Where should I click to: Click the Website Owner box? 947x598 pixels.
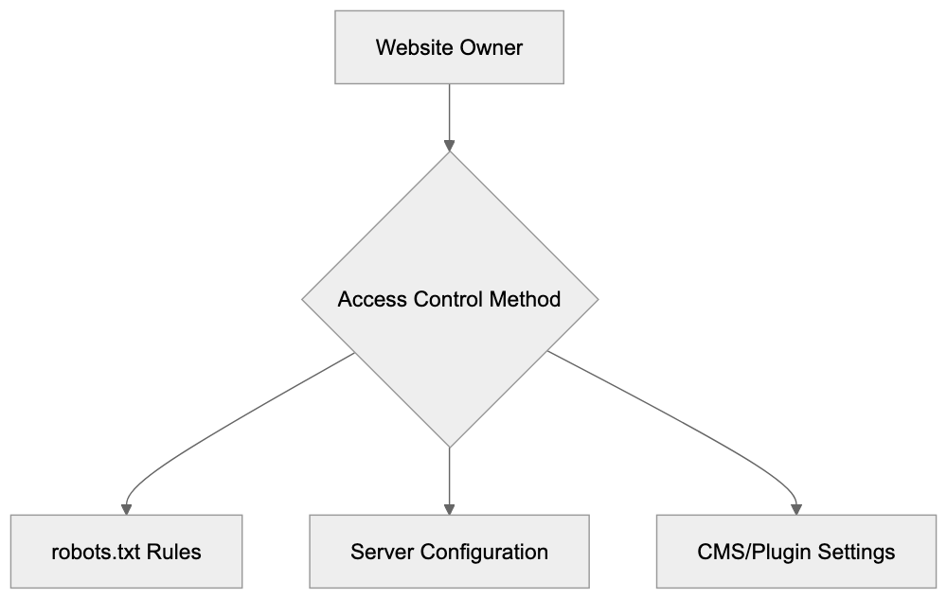pos(449,47)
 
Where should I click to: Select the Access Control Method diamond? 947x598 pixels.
pos(449,300)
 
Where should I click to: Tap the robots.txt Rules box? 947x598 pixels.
pos(126,552)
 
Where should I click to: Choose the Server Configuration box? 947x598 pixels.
pos(449,552)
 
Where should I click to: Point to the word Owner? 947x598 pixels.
pos(491,47)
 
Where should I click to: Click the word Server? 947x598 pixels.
pos(382,552)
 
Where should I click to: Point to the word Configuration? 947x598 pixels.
pos(484,552)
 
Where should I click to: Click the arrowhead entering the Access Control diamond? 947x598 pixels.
pos(449,146)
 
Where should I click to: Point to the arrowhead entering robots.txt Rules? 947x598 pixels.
pos(126,509)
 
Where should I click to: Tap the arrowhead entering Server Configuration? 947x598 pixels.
pos(449,509)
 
